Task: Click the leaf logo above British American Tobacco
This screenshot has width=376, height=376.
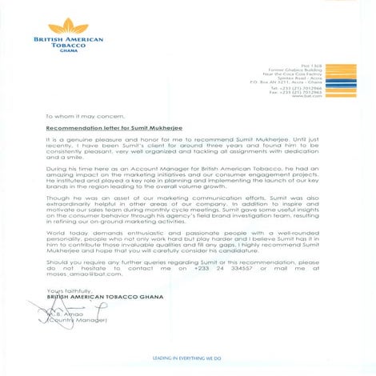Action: coord(65,25)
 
